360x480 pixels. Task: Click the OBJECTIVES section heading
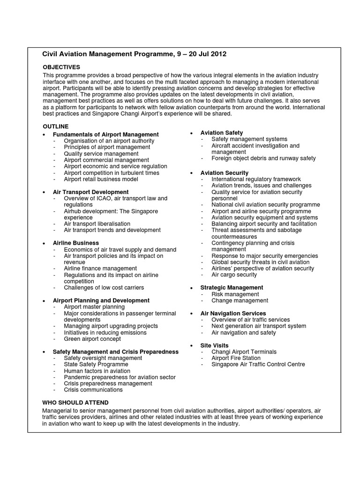tap(61, 67)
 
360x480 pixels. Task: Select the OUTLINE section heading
tap(56, 127)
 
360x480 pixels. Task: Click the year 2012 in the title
tap(217, 54)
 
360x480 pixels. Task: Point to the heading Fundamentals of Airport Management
tap(105, 135)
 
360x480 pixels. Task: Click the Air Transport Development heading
tap(90, 192)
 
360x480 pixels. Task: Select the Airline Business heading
tap(75, 243)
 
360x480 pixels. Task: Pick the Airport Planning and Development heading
tap(101, 300)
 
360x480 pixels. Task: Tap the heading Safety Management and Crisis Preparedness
tap(115, 352)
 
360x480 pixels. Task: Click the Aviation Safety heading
tap(221, 133)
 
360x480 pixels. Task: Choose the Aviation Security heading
tap(224, 173)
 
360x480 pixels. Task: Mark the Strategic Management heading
tap(232, 287)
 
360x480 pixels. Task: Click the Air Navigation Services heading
tap(233, 313)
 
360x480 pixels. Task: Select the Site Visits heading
tap(214, 345)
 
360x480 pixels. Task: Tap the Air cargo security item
tap(234, 275)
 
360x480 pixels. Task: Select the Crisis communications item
tap(93, 390)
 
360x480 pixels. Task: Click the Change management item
tap(240, 300)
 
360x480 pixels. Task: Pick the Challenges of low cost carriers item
tap(104, 287)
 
